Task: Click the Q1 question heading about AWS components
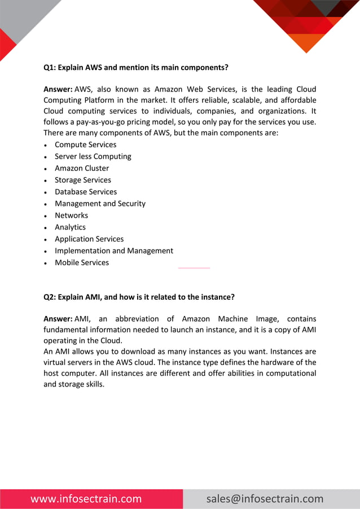pyautogui.click(x=136, y=67)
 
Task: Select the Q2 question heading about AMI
pyautogui.click(x=139, y=297)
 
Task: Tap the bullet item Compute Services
pyautogui.click(x=85, y=144)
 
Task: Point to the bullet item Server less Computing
pyautogui.click(x=93, y=156)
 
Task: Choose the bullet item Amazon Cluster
pyautogui.click(x=82, y=168)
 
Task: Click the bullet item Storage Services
pyautogui.click(x=83, y=180)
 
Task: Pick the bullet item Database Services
pyautogui.click(x=86, y=192)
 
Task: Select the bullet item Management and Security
pyautogui.click(x=100, y=204)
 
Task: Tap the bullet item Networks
pyautogui.click(x=71, y=216)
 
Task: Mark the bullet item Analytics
pyautogui.click(x=70, y=227)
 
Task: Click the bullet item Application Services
pyautogui.click(x=89, y=239)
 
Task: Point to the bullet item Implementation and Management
pyautogui.click(x=114, y=251)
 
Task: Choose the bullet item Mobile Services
pyautogui.click(x=82, y=263)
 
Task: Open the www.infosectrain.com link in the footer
pyautogui.click(x=86, y=499)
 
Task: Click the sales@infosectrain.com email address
pyautogui.click(x=265, y=499)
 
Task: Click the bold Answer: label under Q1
pyautogui.click(x=58, y=89)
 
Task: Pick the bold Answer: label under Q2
pyautogui.click(x=58, y=319)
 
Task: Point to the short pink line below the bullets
pyautogui.click(x=194, y=268)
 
